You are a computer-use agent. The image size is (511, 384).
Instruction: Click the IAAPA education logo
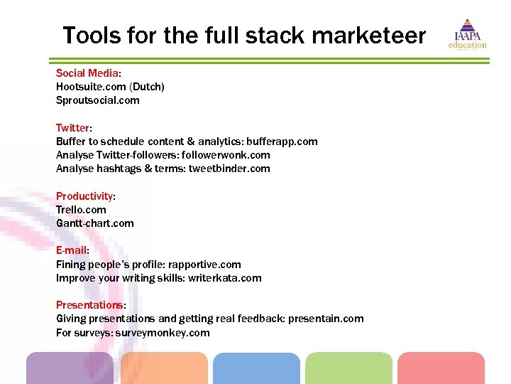(466, 34)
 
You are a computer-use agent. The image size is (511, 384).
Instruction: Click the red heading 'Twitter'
(72, 128)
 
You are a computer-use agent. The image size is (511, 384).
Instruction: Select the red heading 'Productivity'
(84, 196)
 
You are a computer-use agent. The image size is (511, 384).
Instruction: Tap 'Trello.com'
(81, 210)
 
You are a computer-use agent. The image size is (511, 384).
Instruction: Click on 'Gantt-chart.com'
(95, 223)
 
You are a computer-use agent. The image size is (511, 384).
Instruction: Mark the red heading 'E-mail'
(71, 251)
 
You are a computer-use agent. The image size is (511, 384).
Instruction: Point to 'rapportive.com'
(204, 265)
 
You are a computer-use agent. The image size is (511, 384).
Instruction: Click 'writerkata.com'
(224, 278)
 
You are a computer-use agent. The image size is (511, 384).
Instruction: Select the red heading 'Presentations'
(89, 306)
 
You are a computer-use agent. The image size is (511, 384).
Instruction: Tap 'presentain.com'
(325, 319)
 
